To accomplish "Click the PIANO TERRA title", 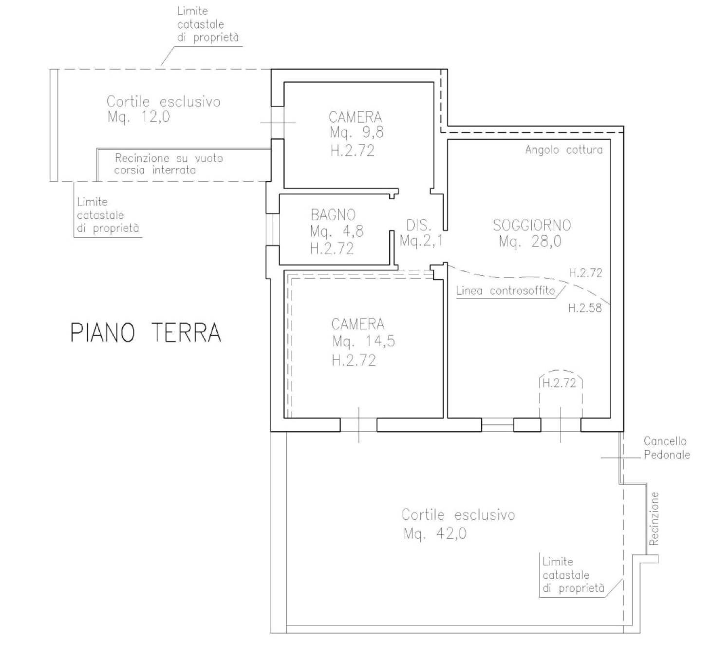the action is pyautogui.click(x=146, y=332).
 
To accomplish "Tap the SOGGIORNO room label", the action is pyautogui.click(x=532, y=225).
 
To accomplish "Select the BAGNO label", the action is pyautogui.click(x=333, y=214).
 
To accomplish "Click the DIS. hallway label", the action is pyautogui.click(x=419, y=225).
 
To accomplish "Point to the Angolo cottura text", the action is pyautogui.click(x=563, y=150).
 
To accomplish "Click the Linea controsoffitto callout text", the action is pyautogui.click(x=505, y=291).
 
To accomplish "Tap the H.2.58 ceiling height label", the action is pyautogui.click(x=585, y=307).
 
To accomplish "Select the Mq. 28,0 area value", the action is pyautogui.click(x=530, y=242).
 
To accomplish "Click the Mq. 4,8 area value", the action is pyautogui.click(x=337, y=231).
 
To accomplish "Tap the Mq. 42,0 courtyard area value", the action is pyautogui.click(x=435, y=533).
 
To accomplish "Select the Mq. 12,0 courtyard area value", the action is pyautogui.click(x=139, y=116).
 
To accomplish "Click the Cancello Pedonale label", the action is pyautogui.click(x=667, y=448).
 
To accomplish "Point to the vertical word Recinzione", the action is pyautogui.click(x=653, y=518).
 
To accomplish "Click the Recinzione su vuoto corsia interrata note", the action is pyautogui.click(x=168, y=164).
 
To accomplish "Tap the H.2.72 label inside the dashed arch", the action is pyautogui.click(x=559, y=383).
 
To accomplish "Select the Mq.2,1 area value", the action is pyautogui.click(x=421, y=241).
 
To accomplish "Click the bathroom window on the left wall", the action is pyautogui.click(x=273, y=229).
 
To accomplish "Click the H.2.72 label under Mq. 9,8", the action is pyautogui.click(x=352, y=151).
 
